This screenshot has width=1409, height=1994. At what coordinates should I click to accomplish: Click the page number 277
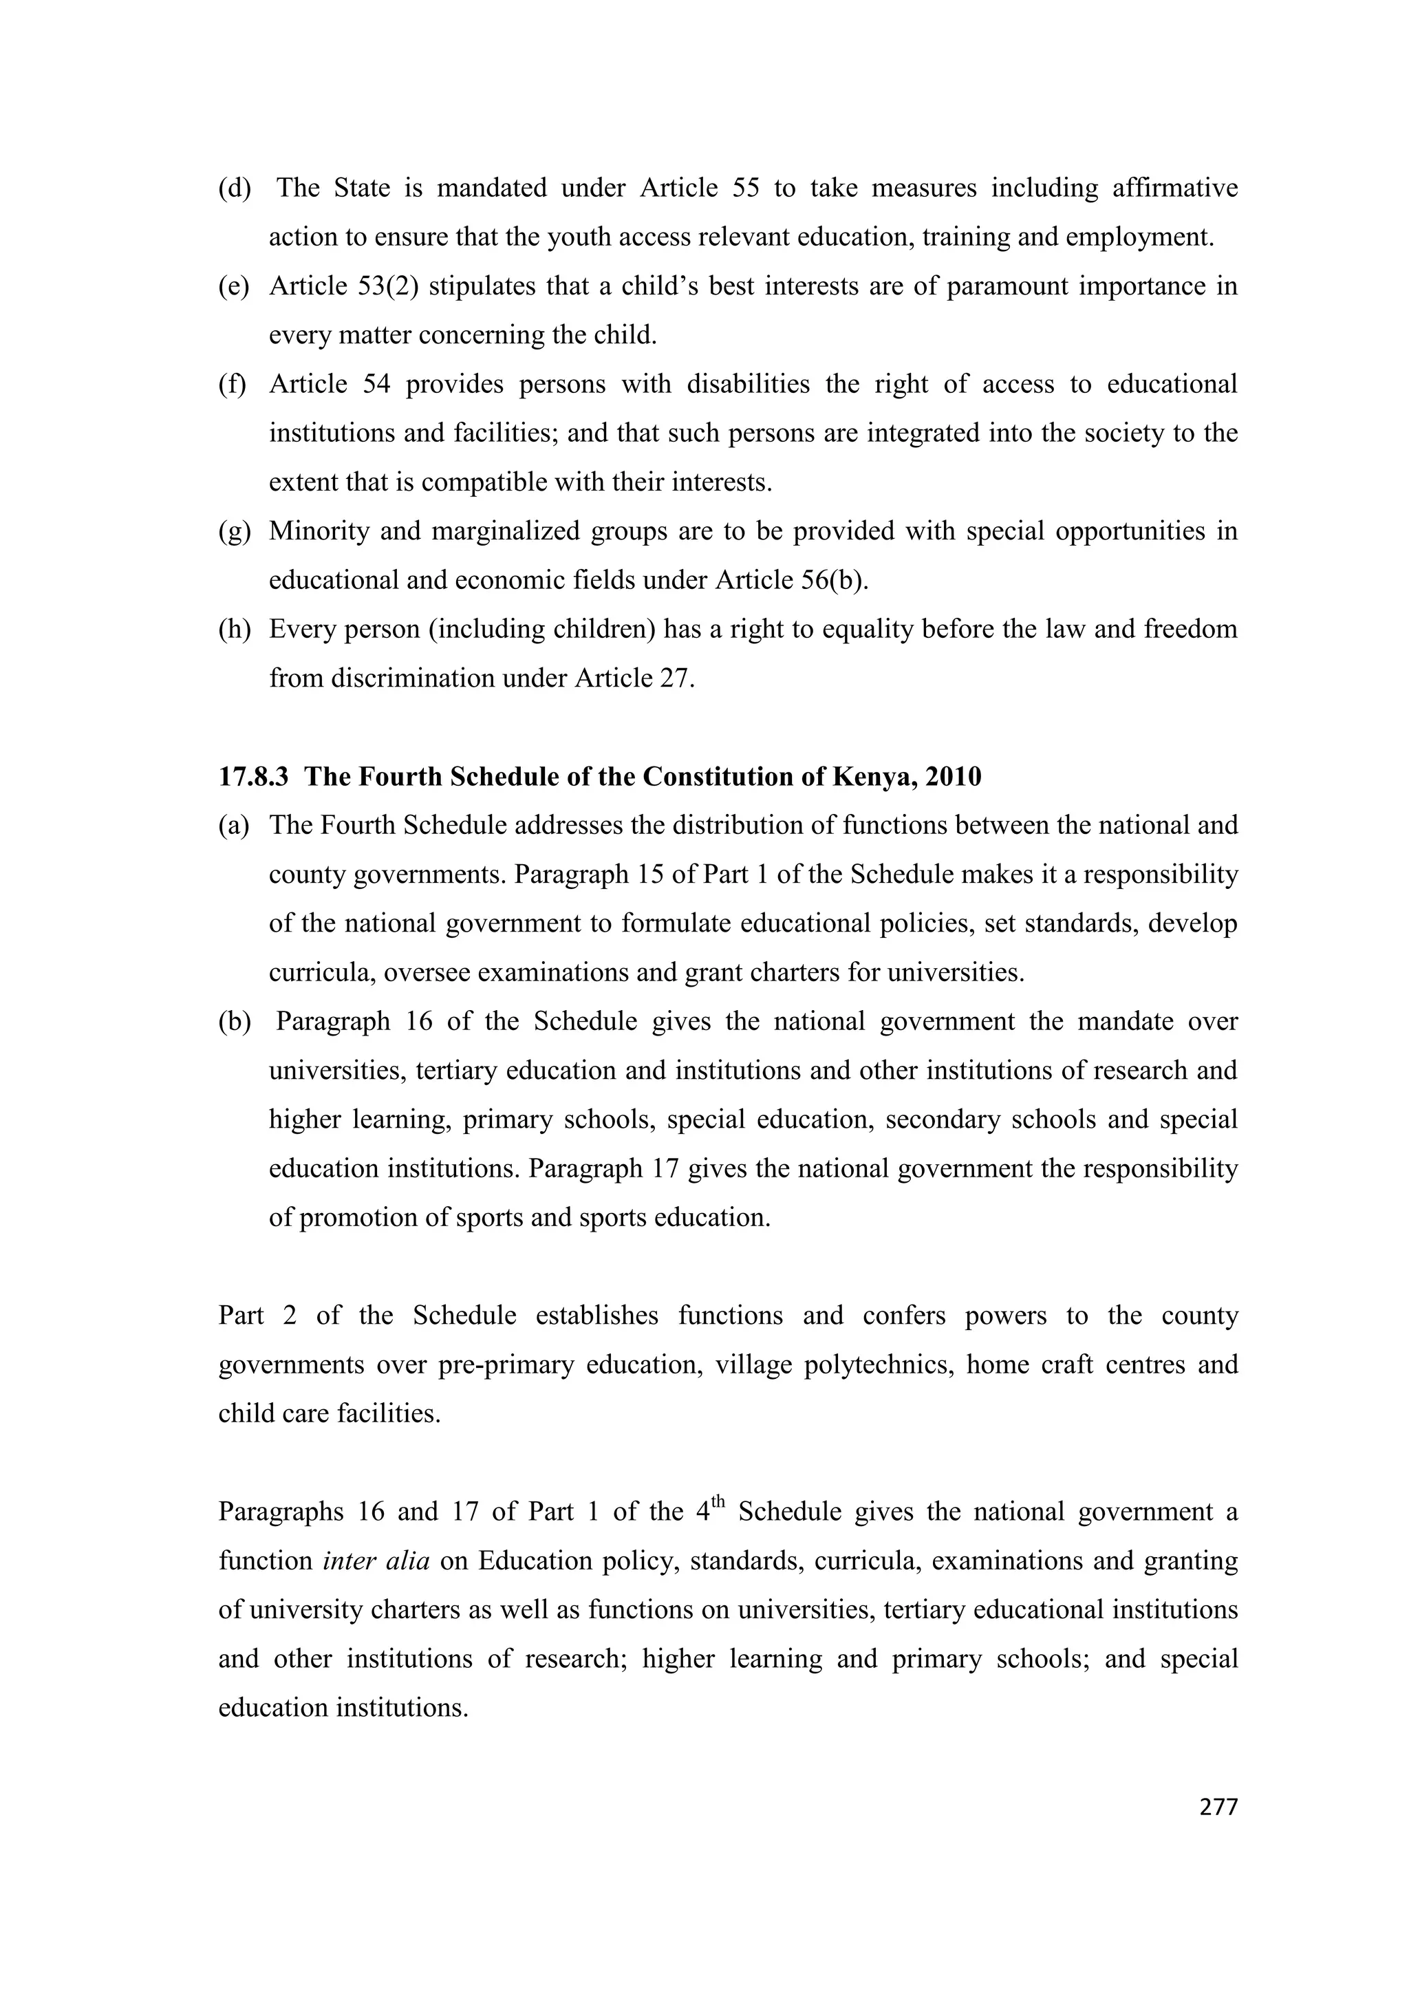click(1218, 1808)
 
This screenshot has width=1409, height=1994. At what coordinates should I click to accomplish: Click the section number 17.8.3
click(252, 776)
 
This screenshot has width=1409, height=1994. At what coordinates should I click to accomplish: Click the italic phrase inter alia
click(376, 1561)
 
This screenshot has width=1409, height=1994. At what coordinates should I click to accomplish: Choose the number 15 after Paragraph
click(650, 875)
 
